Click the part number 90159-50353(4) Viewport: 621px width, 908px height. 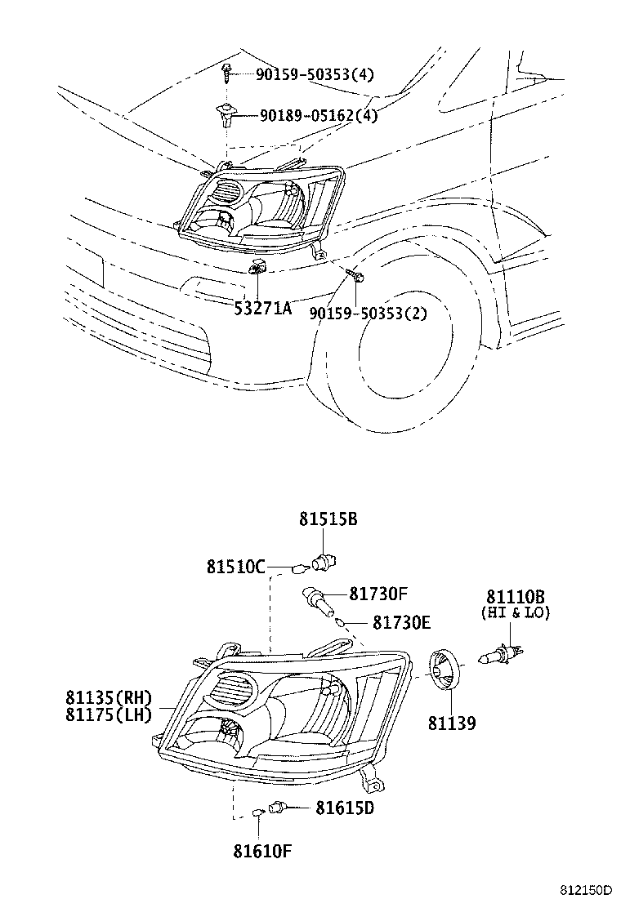tap(315, 74)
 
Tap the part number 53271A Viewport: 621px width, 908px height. tap(263, 308)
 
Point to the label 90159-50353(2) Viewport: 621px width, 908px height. tap(368, 313)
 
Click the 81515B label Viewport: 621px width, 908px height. tap(328, 519)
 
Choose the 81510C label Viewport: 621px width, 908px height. tap(235, 566)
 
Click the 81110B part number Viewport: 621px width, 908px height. tap(516, 597)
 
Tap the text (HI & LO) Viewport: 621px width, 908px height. tap(516, 612)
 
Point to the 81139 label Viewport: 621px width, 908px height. tap(452, 723)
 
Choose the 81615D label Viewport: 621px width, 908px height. tap(345, 808)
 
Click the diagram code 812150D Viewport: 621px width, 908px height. tap(585, 888)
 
